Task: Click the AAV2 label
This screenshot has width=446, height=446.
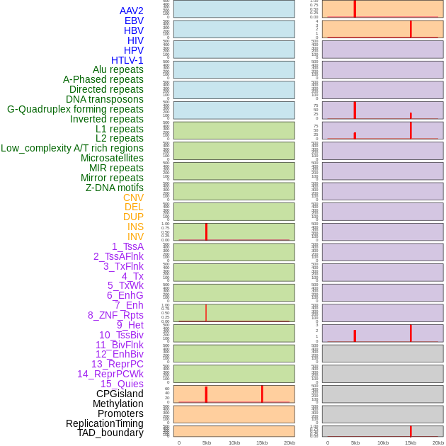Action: (x=132, y=11)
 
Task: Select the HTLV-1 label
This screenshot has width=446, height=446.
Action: (x=127, y=60)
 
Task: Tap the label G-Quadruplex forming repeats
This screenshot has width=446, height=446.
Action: (x=75, y=109)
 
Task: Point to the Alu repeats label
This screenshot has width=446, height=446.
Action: (x=118, y=69)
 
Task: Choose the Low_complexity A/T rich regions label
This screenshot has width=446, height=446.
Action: (x=72, y=148)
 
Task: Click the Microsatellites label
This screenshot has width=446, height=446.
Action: (x=112, y=158)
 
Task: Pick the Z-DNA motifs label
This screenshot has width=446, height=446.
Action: (x=115, y=188)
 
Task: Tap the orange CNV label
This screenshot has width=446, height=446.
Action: (x=133, y=198)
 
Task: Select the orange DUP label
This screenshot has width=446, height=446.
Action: (x=133, y=217)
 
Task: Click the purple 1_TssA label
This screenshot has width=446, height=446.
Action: (x=127, y=246)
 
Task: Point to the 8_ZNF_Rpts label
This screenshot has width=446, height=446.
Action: (x=115, y=315)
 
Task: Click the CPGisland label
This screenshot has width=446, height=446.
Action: (x=120, y=394)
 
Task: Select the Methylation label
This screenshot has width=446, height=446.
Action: (x=118, y=404)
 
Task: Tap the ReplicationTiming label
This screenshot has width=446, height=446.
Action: (x=105, y=423)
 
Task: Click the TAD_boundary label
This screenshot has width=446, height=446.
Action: (x=110, y=433)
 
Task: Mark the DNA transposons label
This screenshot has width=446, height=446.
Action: (x=105, y=99)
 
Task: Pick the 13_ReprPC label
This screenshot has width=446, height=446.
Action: (x=117, y=364)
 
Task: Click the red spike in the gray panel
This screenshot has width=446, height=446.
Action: (x=411, y=431)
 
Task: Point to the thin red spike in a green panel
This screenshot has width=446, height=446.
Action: (x=206, y=312)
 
